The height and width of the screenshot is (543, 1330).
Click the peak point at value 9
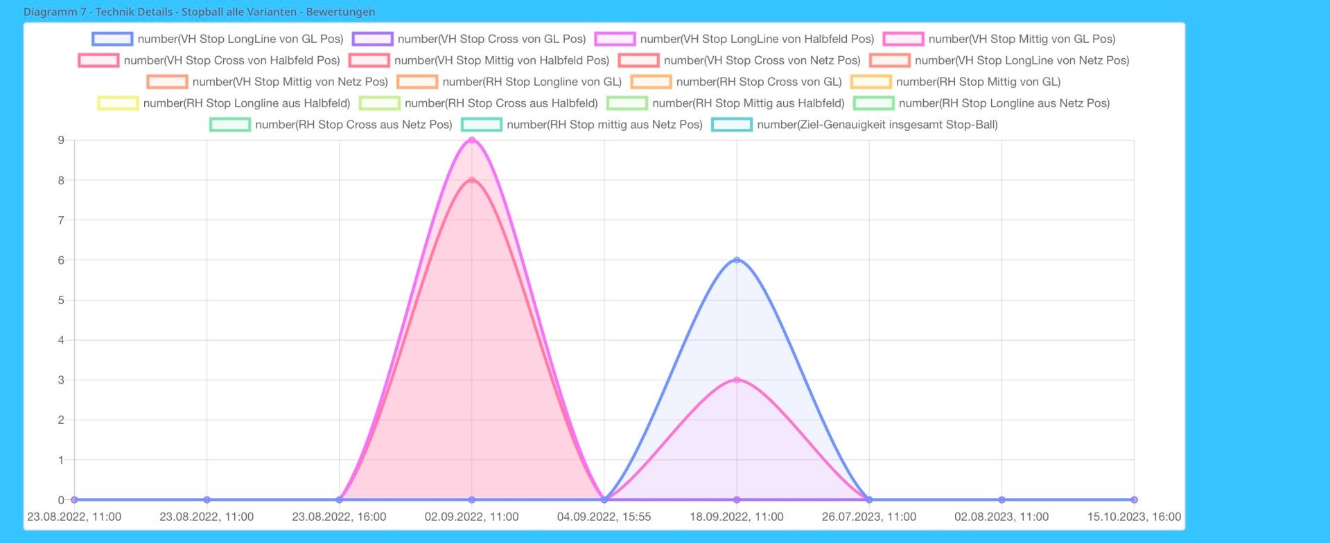tap(472, 141)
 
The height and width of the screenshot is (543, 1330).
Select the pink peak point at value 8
tap(472, 180)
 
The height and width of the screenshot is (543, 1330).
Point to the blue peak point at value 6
tap(737, 260)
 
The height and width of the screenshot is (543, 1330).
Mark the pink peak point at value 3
tap(737, 380)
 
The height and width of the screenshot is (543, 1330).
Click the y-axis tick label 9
tap(61, 141)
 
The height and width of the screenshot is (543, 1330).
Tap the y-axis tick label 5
tap(61, 301)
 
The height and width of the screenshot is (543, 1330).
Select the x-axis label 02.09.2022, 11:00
tap(471, 517)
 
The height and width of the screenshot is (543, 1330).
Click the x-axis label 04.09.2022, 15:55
tap(604, 517)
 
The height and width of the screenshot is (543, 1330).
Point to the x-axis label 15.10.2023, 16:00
tap(1134, 517)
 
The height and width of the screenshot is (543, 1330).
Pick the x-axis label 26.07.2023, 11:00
tap(869, 517)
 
